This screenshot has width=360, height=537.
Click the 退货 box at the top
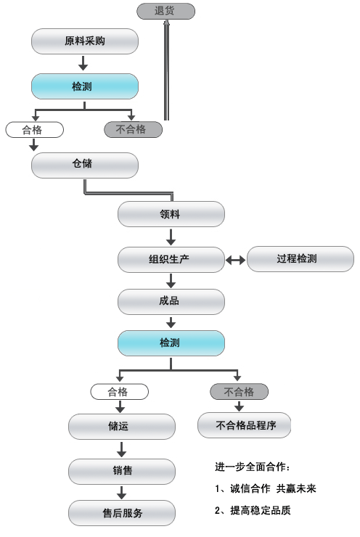point(165,11)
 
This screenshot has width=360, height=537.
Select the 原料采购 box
point(85,41)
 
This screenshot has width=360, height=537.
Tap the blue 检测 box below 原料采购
point(85,86)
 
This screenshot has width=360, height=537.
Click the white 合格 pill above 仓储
point(35,130)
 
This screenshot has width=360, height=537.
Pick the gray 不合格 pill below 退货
point(133,129)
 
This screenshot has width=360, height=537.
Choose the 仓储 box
point(85,165)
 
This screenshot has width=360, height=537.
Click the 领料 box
point(171,214)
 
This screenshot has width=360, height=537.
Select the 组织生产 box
point(171,260)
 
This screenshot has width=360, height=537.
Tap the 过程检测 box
point(300,259)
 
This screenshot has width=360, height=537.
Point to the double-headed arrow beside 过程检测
point(236,261)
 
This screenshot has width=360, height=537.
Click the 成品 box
point(171,302)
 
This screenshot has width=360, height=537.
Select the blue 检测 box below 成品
point(171,343)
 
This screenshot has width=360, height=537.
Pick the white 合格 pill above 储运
point(120,392)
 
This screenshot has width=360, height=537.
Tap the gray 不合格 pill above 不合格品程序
point(239,391)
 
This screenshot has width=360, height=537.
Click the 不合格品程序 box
point(244,425)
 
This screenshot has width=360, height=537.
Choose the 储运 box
point(122,427)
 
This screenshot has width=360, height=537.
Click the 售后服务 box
point(122,513)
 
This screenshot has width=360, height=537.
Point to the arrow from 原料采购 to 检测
point(83,63)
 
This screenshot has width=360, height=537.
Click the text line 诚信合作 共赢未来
point(273,488)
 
